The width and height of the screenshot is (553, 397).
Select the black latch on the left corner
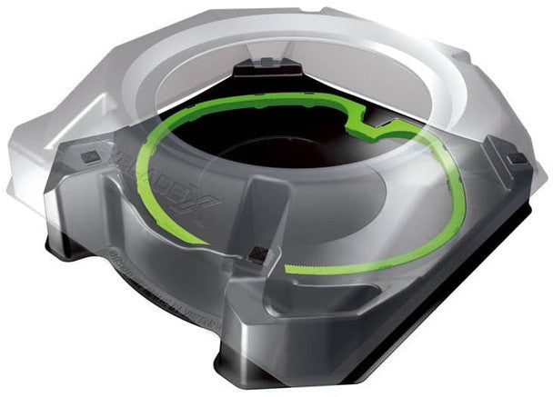point(89,156)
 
